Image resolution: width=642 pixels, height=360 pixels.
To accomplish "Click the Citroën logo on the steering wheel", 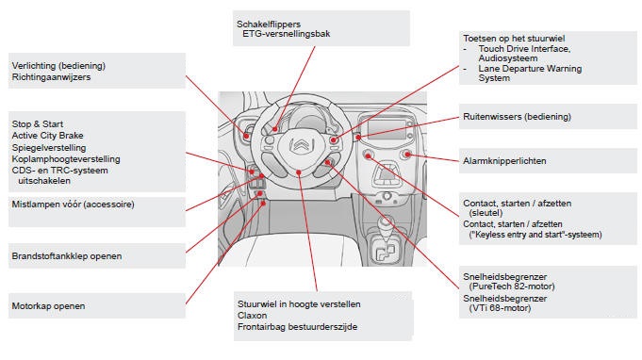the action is click(x=302, y=145).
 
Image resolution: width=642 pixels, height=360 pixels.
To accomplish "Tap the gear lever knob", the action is click(x=385, y=224).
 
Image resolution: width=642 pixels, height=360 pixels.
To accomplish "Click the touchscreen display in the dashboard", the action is click(x=386, y=130).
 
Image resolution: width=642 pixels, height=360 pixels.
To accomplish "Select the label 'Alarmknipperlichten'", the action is click(x=504, y=161).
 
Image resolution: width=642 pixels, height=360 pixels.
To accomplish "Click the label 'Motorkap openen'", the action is click(x=48, y=306).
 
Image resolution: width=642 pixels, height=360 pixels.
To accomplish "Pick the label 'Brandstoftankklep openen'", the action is click(x=67, y=256).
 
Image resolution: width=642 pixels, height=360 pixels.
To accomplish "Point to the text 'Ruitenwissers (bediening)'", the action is click(x=517, y=117).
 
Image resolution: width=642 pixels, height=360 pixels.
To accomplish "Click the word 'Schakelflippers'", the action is click(x=269, y=25).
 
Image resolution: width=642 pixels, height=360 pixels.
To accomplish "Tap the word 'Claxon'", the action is click(x=253, y=316).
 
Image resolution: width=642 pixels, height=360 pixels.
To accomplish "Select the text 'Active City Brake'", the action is click(x=47, y=136).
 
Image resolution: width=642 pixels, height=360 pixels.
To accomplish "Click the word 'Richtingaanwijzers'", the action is click(x=51, y=77).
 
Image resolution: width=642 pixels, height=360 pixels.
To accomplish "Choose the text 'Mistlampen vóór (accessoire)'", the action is click(x=73, y=205).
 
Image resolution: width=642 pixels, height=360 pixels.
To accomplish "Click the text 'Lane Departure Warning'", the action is click(x=530, y=68).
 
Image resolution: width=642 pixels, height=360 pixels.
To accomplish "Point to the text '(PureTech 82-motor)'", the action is click(x=512, y=286).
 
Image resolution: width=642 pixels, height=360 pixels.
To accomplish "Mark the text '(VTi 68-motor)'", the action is click(x=500, y=308).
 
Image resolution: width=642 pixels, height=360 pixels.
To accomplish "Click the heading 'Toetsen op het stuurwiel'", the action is click(x=514, y=39).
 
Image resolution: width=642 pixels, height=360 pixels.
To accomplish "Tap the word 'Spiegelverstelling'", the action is click(x=49, y=148).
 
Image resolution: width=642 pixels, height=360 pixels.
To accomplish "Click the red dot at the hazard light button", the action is click(x=407, y=154).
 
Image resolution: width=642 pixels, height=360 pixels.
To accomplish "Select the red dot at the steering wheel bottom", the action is click(x=299, y=172).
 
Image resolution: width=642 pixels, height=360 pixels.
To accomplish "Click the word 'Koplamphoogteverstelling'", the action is click(x=66, y=159).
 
